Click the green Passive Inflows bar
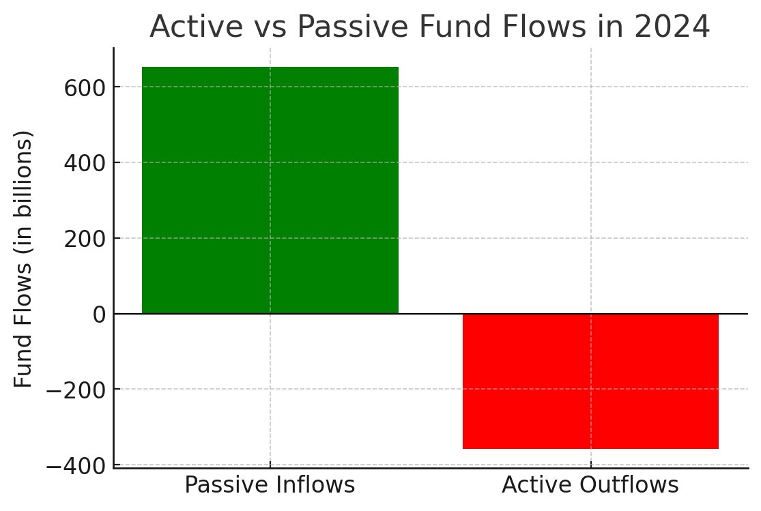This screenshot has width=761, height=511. point(270,190)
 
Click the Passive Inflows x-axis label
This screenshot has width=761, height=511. point(270,485)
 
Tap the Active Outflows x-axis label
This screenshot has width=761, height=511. point(590,485)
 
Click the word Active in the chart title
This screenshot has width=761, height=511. point(186,27)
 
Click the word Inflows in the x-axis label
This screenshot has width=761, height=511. point(316,485)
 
